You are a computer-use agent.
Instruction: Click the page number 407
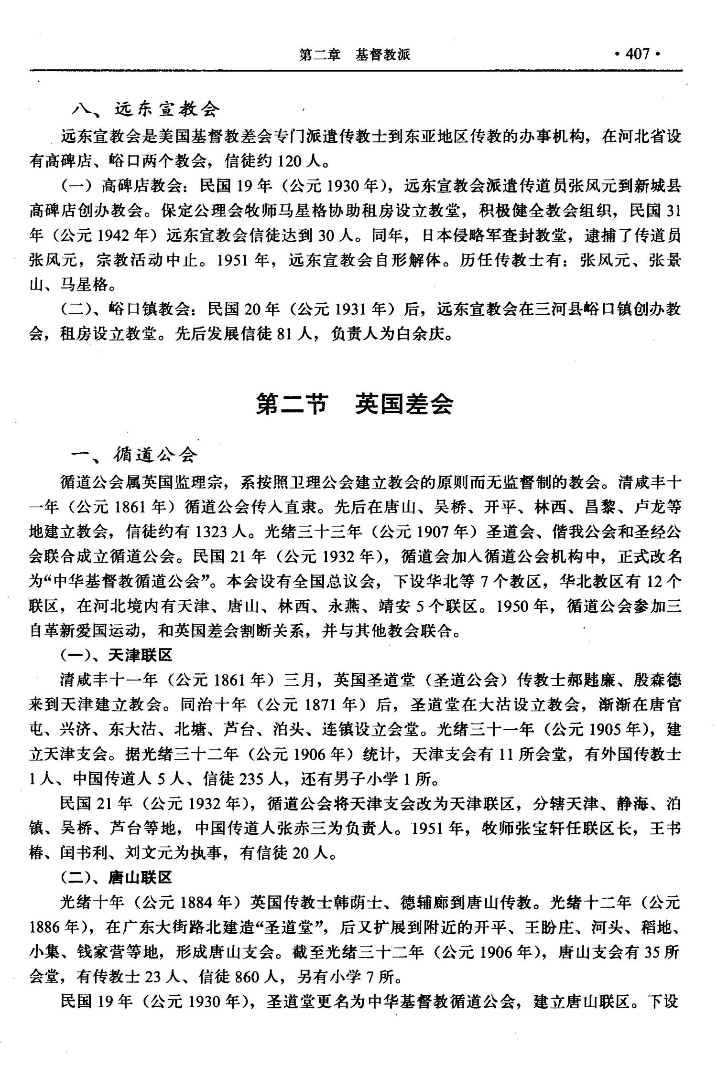[638, 54]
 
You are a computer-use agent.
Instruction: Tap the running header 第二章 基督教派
[355, 55]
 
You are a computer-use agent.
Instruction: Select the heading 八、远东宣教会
[146, 109]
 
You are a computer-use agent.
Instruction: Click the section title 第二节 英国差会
[354, 404]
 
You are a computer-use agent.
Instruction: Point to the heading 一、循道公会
[134, 454]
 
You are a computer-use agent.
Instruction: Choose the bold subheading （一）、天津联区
[116, 655]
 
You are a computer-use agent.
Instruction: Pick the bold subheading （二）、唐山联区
[116, 877]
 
